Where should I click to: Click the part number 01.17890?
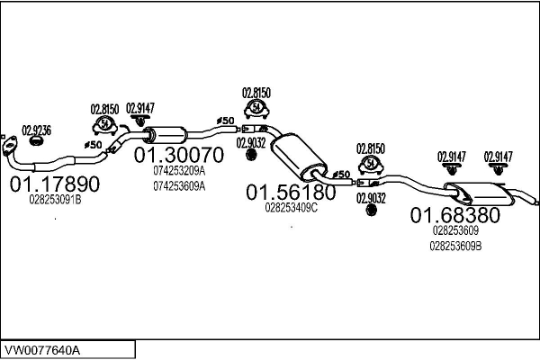pos(54,184)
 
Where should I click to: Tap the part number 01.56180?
pos(291,192)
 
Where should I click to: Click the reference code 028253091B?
pos(54,200)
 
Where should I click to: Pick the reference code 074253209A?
pos(179,170)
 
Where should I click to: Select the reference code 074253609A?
pos(179,186)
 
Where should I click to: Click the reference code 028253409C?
pos(291,207)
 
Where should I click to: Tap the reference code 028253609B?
pos(455,245)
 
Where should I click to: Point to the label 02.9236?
pos(36,130)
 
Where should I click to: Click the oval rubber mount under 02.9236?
pos(37,140)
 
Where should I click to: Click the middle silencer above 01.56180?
pos(296,156)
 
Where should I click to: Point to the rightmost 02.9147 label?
pos(499,156)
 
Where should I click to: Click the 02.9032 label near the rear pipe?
pos(370,197)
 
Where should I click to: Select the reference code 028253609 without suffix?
pos(455,229)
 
